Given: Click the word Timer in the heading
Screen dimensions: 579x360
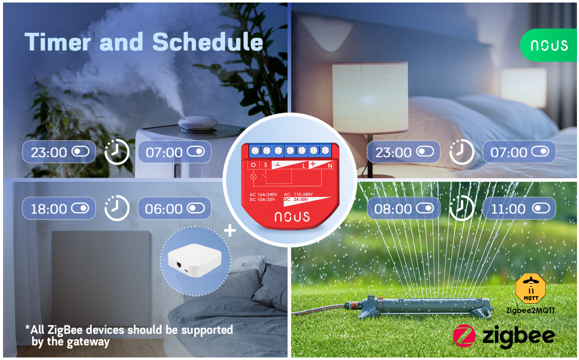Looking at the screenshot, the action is pos(57,42).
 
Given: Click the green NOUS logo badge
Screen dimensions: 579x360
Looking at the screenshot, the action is pos(549,45).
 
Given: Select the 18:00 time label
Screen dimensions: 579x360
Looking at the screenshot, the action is pos(48,209).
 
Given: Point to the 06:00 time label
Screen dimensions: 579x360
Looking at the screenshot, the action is pos(164,209).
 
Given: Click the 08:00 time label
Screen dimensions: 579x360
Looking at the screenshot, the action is pos(393,209).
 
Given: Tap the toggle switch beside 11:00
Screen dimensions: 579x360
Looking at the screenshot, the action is pos(541,208).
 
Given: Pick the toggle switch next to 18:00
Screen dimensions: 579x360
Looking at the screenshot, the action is pos(80,208).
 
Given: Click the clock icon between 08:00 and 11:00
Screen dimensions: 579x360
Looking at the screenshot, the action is pos(462,208).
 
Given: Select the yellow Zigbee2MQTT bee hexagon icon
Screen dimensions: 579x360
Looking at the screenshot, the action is pos(531,289).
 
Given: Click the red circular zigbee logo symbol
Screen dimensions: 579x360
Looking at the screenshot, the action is pos(464,336).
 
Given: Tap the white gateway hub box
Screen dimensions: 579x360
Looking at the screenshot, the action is pos(195,260).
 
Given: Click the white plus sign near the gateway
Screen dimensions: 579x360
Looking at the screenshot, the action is pos(230,231).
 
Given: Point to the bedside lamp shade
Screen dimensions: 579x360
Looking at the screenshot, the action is pos(370,98).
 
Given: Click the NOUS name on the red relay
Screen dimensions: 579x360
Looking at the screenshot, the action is pos(292,217).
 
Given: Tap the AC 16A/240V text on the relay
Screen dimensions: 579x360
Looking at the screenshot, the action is pos(263,194).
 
